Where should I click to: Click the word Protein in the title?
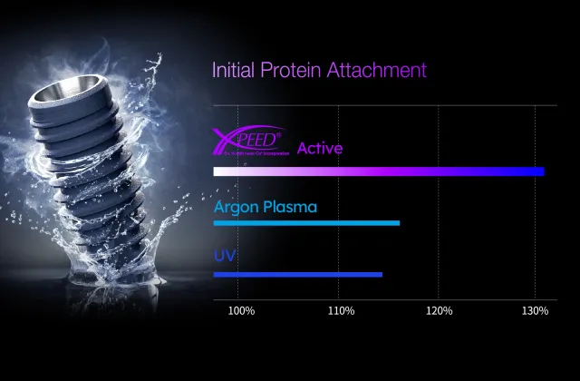pos(288,70)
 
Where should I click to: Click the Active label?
pos(320,148)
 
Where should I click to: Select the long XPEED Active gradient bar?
pos(378,171)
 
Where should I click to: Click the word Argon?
pos(237,208)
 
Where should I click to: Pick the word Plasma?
pos(291,207)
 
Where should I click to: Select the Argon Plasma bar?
pos(306,223)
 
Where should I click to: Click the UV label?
pos(224,255)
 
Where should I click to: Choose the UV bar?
pos(297,275)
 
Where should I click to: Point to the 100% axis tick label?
pos(241,311)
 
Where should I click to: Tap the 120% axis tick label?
pos(439,311)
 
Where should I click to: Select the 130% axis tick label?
pos(535,311)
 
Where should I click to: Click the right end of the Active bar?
pos(542,171)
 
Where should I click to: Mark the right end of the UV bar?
pos(381,275)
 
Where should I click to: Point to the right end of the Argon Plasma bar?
pos(398,223)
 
